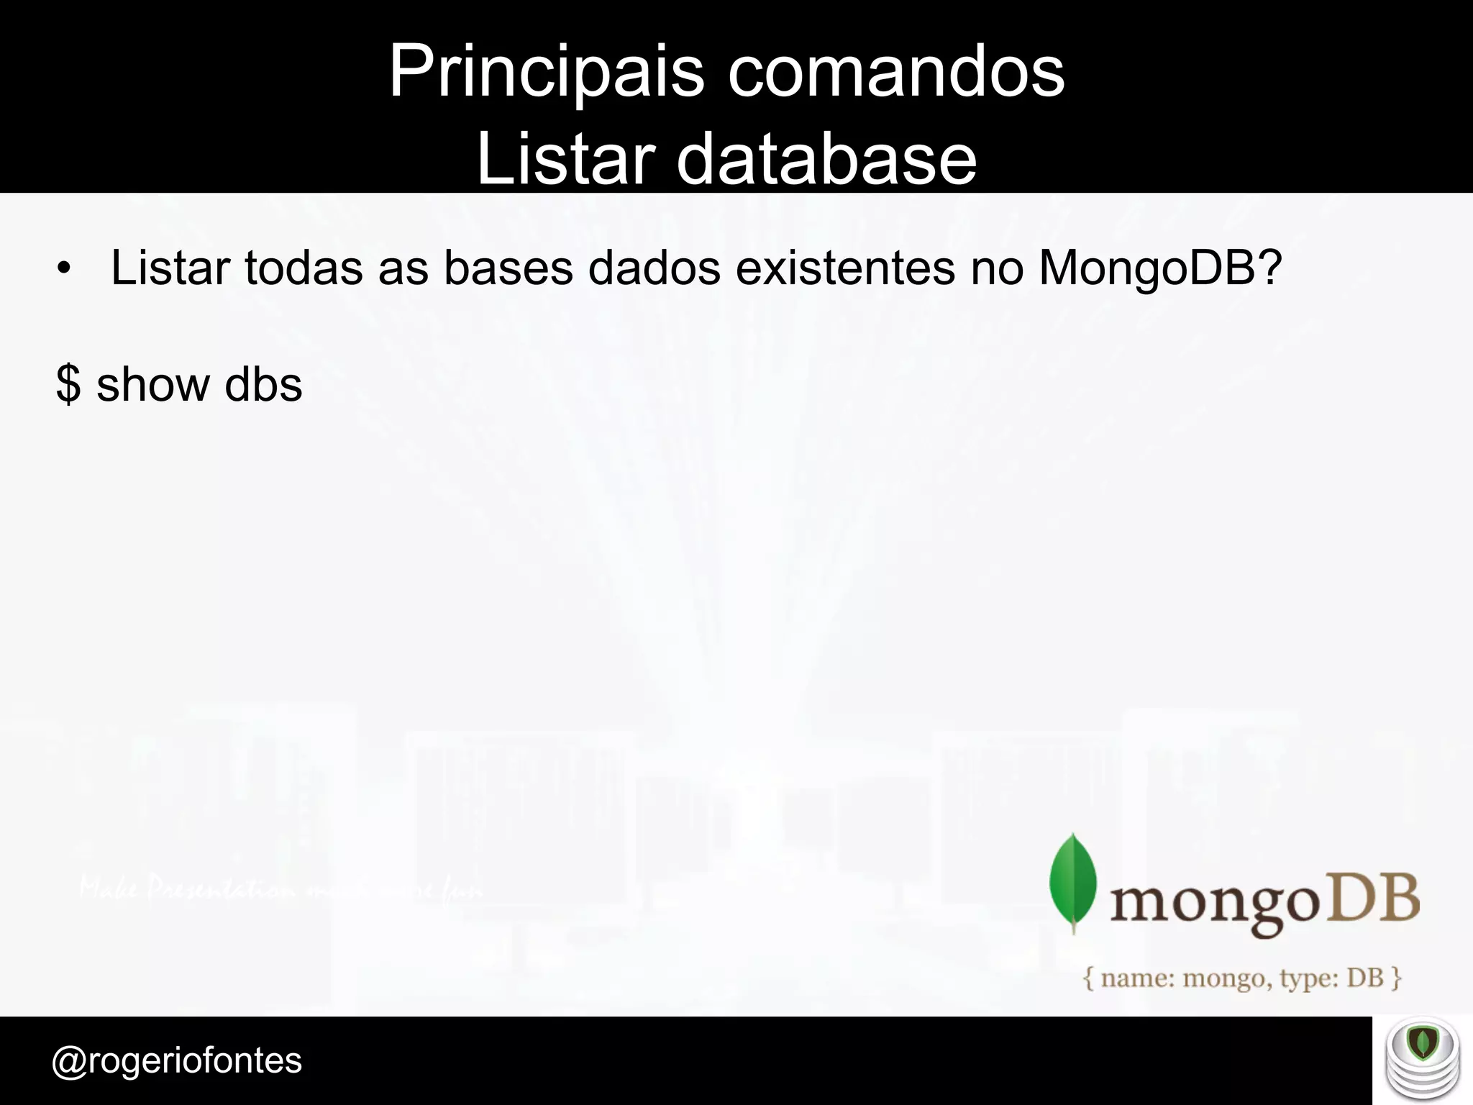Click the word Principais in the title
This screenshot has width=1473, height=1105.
tap(546, 72)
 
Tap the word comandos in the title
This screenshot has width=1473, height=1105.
tap(895, 72)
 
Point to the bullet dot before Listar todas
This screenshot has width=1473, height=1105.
tap(65, 269)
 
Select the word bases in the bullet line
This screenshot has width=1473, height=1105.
tap(508, 268)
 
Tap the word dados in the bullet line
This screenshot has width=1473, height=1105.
tap(654, 268)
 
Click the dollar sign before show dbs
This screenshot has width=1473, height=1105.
tap(68, 384)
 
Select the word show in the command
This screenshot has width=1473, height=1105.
tap(152, 384)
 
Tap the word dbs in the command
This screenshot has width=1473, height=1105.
tap(263, 384)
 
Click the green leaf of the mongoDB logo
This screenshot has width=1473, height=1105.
tap(1073, 882)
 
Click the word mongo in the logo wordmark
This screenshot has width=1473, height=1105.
tap(1214, 904)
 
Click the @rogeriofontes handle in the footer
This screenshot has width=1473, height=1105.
tap(177, 1060)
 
